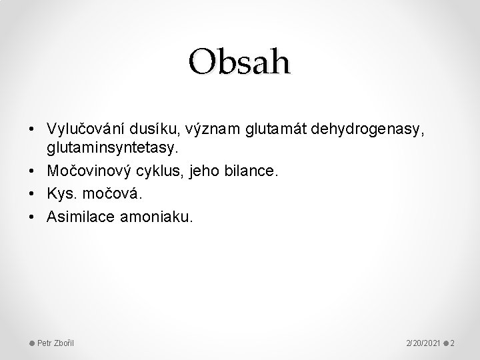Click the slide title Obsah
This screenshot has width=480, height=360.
click(x=239, y=62)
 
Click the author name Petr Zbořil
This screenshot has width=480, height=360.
click(x=55, y=343)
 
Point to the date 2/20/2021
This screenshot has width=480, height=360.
click(x=422, y=343)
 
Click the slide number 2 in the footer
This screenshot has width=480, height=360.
click(x=452, y=343)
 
